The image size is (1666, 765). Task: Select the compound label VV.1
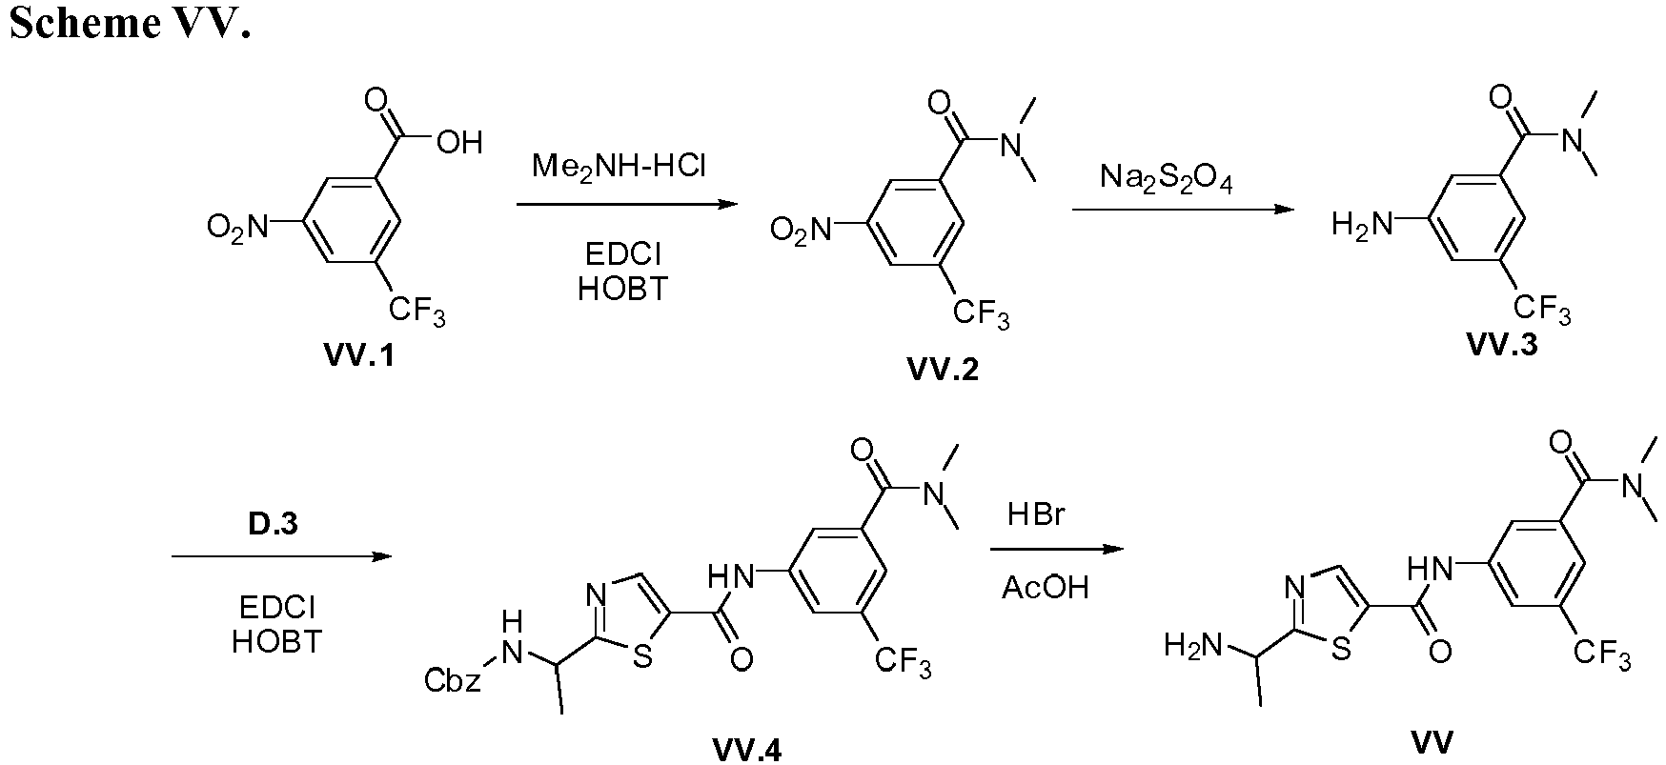[361, 358]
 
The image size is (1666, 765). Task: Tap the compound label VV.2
[943, 370]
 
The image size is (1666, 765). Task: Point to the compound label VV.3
[1501, 346]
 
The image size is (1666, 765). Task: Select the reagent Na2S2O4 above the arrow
[1166, 177]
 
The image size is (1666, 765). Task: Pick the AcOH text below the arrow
[1045, 587]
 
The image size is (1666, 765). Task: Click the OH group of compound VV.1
[458, 143]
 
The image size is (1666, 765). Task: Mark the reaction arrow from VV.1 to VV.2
[626, 204]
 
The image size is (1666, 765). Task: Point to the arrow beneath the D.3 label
[282, 556]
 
